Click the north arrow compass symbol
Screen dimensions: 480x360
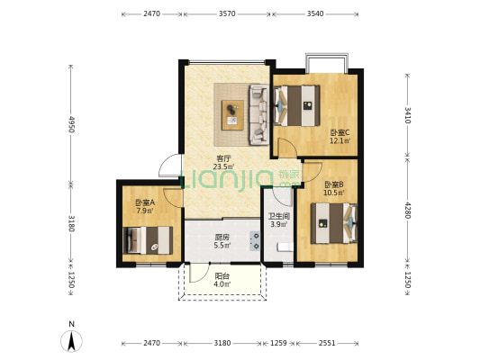click(71, 341)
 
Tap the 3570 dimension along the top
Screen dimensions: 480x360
click(227, 13)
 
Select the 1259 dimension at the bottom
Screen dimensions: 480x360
click(278, 343)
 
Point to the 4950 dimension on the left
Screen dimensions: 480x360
click(71, 124)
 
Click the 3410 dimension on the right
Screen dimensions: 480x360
click(407, 115)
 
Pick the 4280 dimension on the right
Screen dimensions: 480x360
click(407, 210)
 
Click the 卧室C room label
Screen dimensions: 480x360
click(340, 132)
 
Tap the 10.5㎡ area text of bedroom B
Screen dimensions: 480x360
click(334, 193)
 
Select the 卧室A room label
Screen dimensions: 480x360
click(145, 202)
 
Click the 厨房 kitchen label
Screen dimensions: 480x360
click(222, 238)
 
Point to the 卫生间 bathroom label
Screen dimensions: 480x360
click(279, 217)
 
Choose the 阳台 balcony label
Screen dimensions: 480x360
click(222, 276)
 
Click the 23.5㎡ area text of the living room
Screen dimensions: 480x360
click(223, 167)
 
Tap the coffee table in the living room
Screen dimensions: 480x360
click(232, 115)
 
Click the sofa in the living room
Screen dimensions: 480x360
click(259, 114)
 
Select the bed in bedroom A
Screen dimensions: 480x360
click(148, 240)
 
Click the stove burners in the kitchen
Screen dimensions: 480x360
click(255, 240)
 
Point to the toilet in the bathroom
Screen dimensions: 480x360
click(285, 247)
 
